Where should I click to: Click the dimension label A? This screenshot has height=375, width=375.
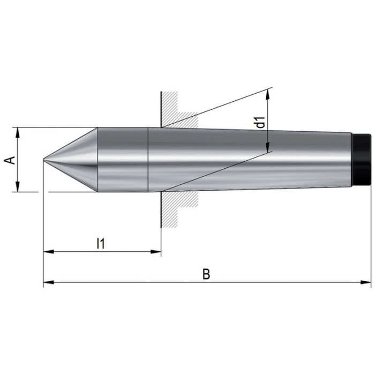pos(9,160)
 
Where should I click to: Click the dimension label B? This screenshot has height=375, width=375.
pos(206,274)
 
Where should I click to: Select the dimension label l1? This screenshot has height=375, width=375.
pos(100,243)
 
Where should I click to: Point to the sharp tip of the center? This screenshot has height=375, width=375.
pos(44,160)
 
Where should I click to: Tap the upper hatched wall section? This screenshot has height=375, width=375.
pos(177,110)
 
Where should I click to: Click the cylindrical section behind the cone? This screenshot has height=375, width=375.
pos(122,160)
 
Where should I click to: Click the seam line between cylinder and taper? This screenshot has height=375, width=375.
pos(148,160)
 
